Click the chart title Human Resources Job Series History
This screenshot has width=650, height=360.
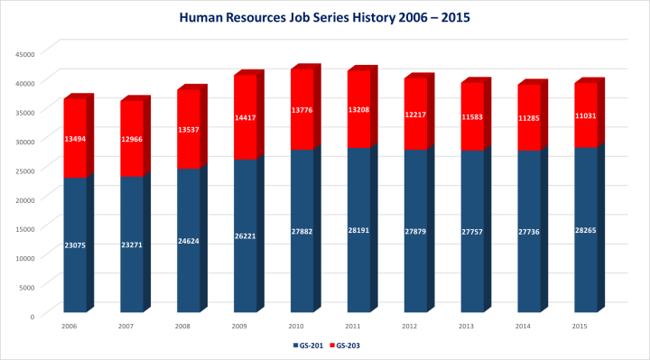tap(325, 17)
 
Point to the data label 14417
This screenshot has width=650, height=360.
tap(246, 117)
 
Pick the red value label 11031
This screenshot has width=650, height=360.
tap(586, 115)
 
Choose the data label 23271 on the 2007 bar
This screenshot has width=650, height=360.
tap(132, 245)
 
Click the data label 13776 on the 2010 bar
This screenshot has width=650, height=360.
tap(302, 110)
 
